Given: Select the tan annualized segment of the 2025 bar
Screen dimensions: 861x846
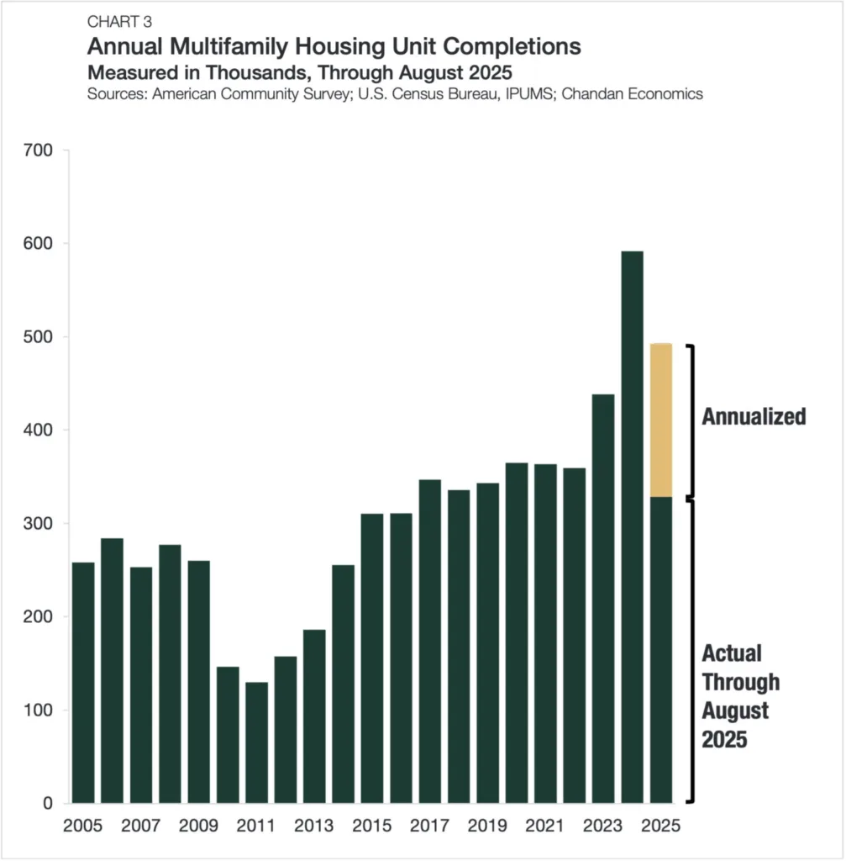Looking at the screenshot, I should [660, 420].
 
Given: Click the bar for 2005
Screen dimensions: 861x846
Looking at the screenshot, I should [83, 682].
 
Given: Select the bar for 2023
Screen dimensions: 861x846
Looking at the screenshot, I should [602, 598].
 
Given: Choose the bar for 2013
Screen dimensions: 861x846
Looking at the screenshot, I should [314, 716].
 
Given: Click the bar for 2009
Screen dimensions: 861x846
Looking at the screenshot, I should [199, 681].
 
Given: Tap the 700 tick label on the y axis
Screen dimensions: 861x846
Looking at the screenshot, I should [39, 151].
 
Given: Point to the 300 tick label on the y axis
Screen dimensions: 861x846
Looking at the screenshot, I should [39, 524].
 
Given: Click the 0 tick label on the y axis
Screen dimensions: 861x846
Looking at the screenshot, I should [47, 804].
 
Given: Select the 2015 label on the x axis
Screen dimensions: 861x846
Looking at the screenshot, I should [371, 826].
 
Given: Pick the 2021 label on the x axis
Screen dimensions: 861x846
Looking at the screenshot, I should [544, 826].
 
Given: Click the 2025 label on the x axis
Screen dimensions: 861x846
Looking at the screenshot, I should [660, 826].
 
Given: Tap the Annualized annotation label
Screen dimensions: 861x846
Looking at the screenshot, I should [754, 416].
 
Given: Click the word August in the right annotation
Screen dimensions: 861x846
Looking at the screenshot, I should [735, 710].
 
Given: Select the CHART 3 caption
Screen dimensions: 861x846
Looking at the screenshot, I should [119, 22].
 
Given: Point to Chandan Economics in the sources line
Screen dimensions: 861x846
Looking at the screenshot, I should [632, 93].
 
